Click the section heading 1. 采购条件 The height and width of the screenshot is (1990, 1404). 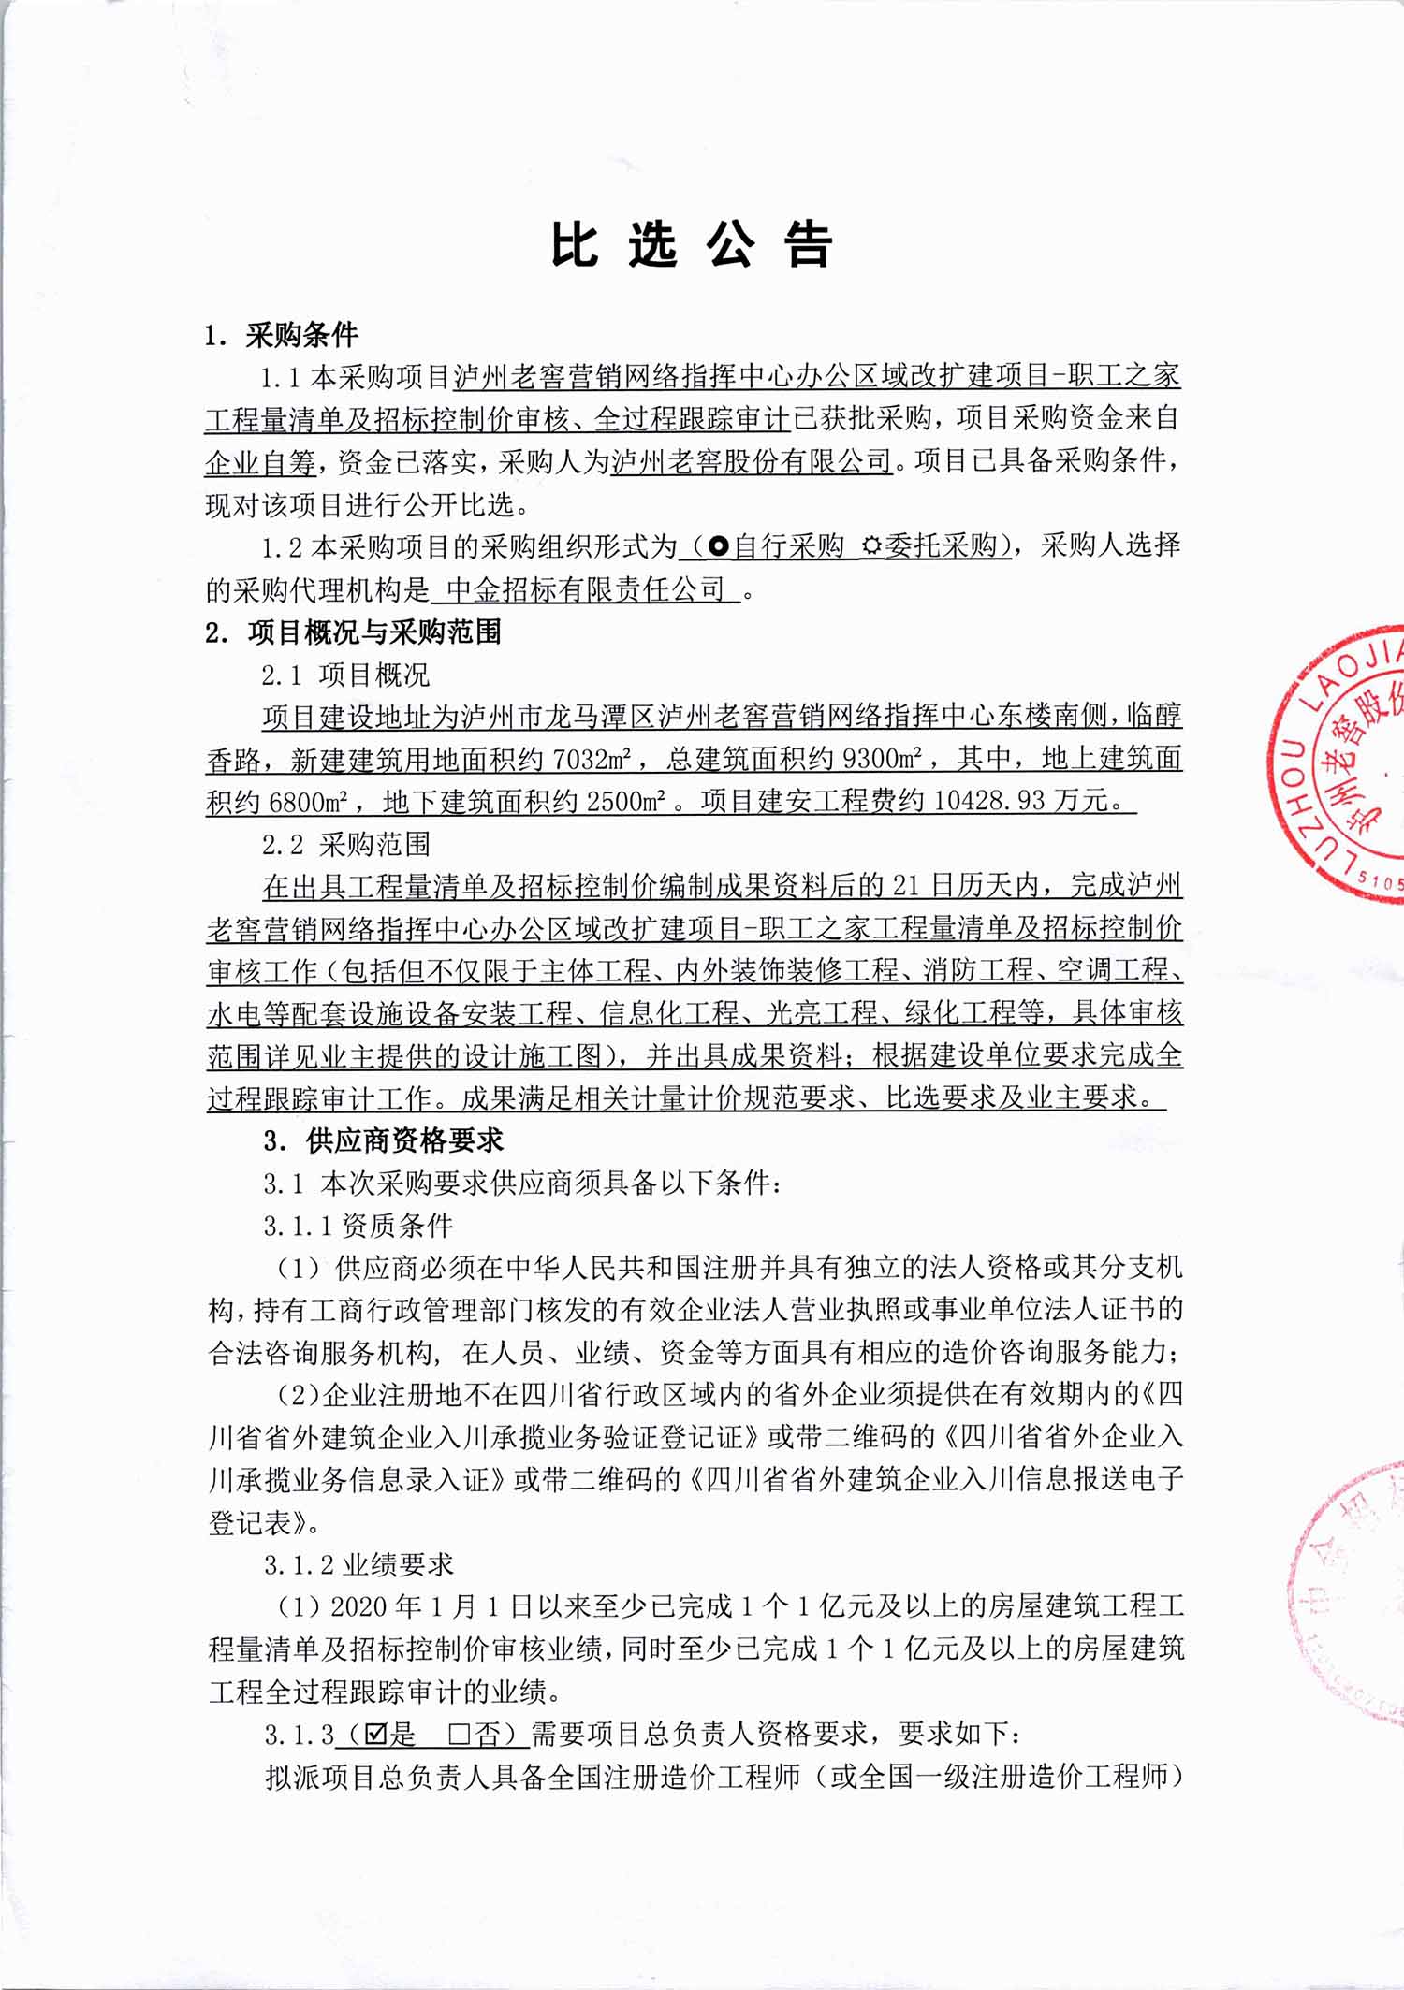click(281, 334)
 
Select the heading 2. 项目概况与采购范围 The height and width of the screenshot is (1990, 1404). click(353, 632)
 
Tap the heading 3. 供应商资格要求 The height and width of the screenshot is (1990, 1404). click(383, 1140)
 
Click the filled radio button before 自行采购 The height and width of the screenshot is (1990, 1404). click(719, 546)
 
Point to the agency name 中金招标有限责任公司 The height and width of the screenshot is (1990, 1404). click(586, 589)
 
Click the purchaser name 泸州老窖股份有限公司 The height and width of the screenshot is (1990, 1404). click(752, 461)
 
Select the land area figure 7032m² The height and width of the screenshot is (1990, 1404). click(592, 759)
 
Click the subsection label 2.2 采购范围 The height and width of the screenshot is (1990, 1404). click(346, 845)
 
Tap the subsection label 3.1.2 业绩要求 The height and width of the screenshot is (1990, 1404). click(358, 1565)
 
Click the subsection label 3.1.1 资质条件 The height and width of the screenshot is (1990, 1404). click(358, 1226)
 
